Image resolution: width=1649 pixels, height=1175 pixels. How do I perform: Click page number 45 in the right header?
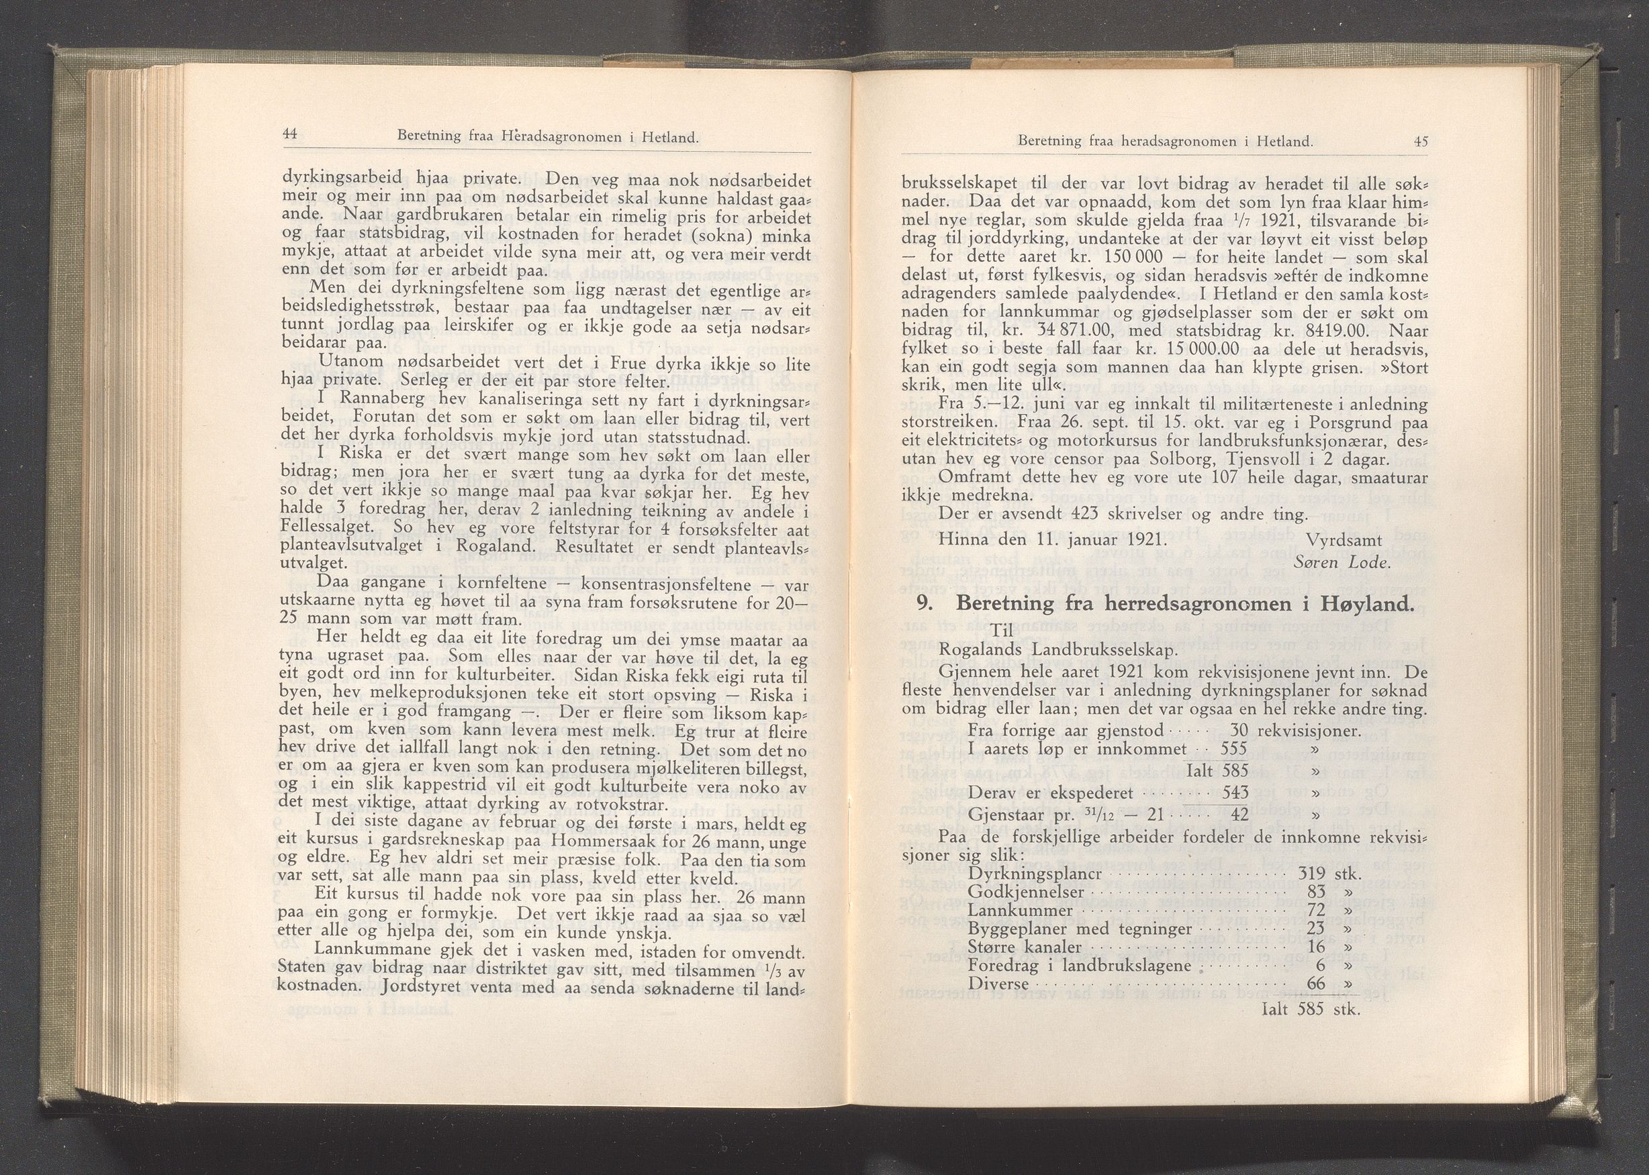(1420, 142)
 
